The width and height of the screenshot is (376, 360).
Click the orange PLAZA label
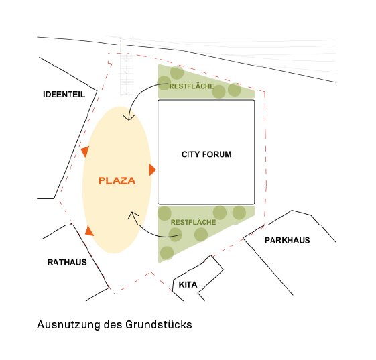click(117, 180)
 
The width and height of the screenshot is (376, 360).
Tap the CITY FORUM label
click(206, 154)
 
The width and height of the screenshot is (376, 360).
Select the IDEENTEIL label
click(64, 95)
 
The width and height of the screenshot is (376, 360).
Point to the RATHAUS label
click(67, 262)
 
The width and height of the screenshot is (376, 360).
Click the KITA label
click(188, 284)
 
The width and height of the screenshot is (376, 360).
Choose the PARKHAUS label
click(288, 240)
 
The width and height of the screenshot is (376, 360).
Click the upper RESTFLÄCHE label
click(192, 86)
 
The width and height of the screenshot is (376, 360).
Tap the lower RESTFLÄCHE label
click(193, 222)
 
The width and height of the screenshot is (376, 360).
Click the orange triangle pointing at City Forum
click(152, 170)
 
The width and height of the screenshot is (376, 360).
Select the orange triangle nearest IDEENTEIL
click(86, 152)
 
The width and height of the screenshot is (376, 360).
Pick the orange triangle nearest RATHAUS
click(89, 231)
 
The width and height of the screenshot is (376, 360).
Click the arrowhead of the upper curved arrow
click(129, 117)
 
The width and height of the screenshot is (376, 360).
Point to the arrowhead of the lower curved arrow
click(132, 215)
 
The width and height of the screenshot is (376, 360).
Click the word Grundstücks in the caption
click(158, 324)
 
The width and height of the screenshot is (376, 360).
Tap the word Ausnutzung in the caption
click(68, 324)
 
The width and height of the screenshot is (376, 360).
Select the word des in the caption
click(113, 324)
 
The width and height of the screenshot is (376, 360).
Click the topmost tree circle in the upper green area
click(177, 72)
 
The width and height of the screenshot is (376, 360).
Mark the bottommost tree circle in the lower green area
click(167, 253)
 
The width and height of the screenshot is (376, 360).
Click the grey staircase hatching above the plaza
click(127, 73)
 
